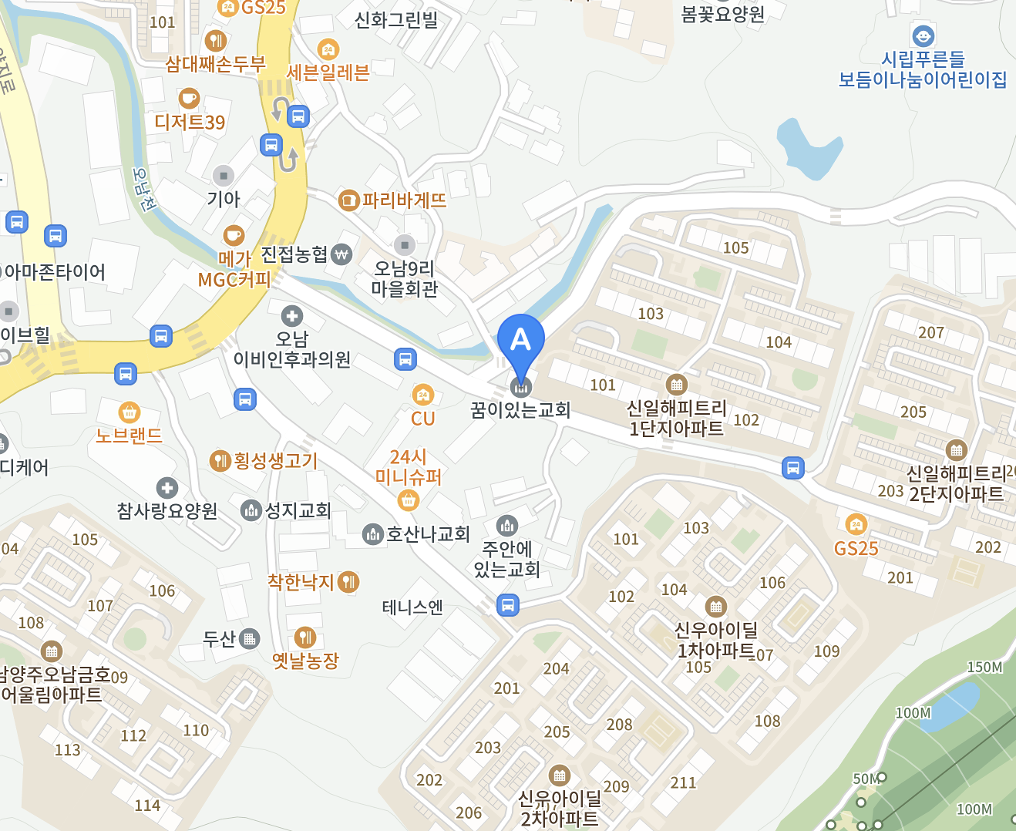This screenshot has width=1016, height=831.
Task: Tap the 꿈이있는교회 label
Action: [x=520, y=409]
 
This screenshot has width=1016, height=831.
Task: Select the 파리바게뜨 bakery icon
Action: [x=349, y=200]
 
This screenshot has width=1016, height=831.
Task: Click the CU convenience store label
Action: [x=422, y=419]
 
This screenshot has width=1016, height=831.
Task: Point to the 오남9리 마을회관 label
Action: [x=405, y=279]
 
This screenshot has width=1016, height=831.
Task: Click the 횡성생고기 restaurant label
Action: [x=275, y=461]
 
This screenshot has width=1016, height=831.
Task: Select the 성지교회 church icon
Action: [x=251, y=510]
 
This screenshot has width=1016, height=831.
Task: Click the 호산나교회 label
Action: [x=428, y=533]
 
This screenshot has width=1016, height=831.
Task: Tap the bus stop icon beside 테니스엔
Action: [x=507, y=605]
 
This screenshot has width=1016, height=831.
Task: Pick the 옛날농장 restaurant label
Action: [x=305, y=661]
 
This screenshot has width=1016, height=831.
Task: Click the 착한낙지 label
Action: [x=301, y=582]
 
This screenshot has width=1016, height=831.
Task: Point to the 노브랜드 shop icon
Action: [x=130, y=412]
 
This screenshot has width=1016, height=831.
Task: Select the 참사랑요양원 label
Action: [x=167, y=510]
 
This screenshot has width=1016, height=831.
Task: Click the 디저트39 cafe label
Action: [x=190, y=122]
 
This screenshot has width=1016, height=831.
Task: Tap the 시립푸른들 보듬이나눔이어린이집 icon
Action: [x=923, y=36]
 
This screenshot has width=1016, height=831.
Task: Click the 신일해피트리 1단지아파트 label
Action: [x=677, y=418]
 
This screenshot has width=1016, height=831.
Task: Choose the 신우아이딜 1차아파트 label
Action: [x=716, y=641]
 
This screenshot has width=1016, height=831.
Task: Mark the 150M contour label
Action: [x=984, y=668]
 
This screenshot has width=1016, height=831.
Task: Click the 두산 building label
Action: [x=219, y=639]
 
